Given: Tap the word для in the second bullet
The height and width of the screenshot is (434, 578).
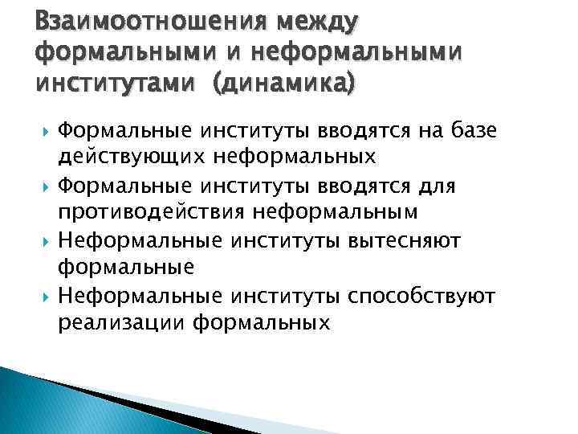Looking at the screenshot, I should (461, 186).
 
